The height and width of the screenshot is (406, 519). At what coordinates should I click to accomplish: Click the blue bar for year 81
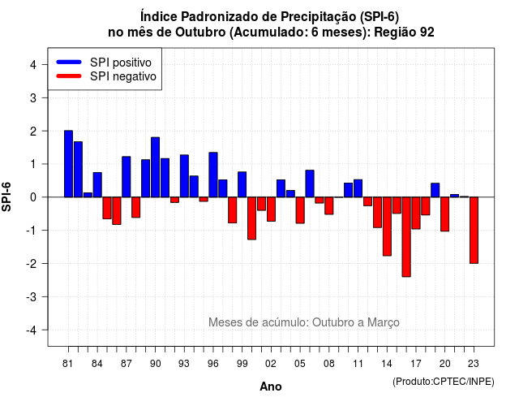(68, 164)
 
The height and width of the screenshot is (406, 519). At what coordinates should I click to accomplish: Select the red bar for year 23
(474, 231)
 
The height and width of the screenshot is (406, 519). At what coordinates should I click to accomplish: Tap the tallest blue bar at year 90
(155, 167)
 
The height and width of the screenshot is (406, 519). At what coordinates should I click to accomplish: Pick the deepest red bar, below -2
(406, 237)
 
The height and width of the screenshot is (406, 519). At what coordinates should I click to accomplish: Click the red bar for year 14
(387, 227)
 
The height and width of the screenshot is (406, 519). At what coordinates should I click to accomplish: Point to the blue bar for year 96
(213, 175)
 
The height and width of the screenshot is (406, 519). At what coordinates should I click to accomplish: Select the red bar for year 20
(445, 214)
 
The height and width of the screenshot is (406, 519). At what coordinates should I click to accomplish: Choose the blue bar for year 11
(358, 188)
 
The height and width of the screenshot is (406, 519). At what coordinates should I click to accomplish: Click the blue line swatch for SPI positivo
(69, 62)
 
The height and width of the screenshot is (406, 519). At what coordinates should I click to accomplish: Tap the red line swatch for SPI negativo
(69, 76)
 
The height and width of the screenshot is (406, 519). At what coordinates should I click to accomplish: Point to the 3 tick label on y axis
(33, 98)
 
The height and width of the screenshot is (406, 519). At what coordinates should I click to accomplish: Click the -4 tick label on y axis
(32, 330)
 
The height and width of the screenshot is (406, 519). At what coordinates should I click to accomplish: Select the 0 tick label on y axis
(33, 197)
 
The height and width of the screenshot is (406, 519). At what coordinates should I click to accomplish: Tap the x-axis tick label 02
(271, 364)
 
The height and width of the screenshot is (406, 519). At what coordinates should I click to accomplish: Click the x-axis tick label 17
(416, 364)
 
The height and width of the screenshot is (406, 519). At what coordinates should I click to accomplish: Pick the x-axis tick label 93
(184, 364)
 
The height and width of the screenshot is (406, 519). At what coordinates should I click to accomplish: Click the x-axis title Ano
(271, 387)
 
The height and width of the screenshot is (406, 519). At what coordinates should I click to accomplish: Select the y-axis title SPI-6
(6, 197)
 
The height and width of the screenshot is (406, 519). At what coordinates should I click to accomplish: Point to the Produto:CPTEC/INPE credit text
(444, 382)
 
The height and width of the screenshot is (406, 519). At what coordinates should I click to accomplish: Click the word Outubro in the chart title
(200, 32)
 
